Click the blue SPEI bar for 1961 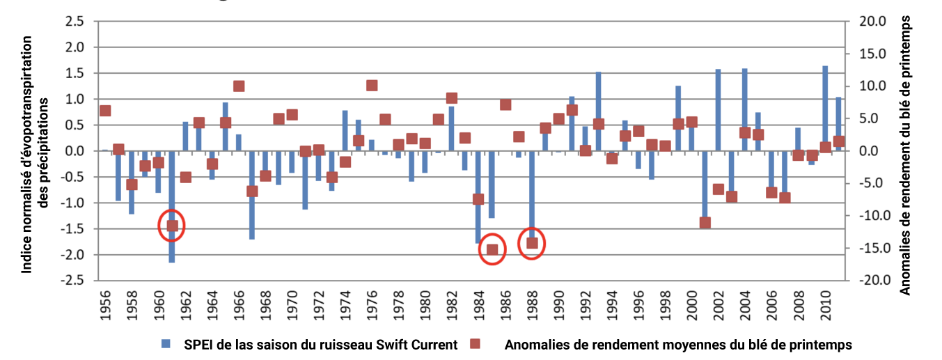(172, 244)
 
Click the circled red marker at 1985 (492, 250)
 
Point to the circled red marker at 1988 (532, 243)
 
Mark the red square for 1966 (239, 86)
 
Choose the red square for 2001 (705, 223)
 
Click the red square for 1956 (105, 110)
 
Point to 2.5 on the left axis (74, 22)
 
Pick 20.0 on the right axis (870, 22)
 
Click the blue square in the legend (165, 344)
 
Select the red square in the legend (476, 344)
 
